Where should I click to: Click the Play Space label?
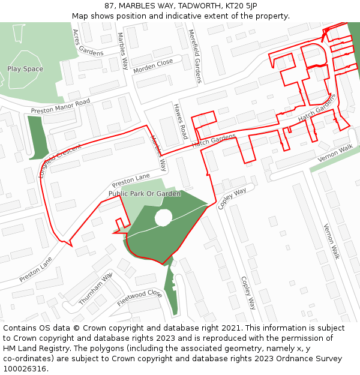tap(25, 69)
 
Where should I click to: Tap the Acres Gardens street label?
tap(88, 43)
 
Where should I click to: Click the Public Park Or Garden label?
tap(144, 194)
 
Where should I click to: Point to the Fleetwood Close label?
tap(139, 298)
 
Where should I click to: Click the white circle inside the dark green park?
tap(163, 218)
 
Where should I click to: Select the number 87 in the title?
tap(110, 5)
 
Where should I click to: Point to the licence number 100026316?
tap(25, 368)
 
